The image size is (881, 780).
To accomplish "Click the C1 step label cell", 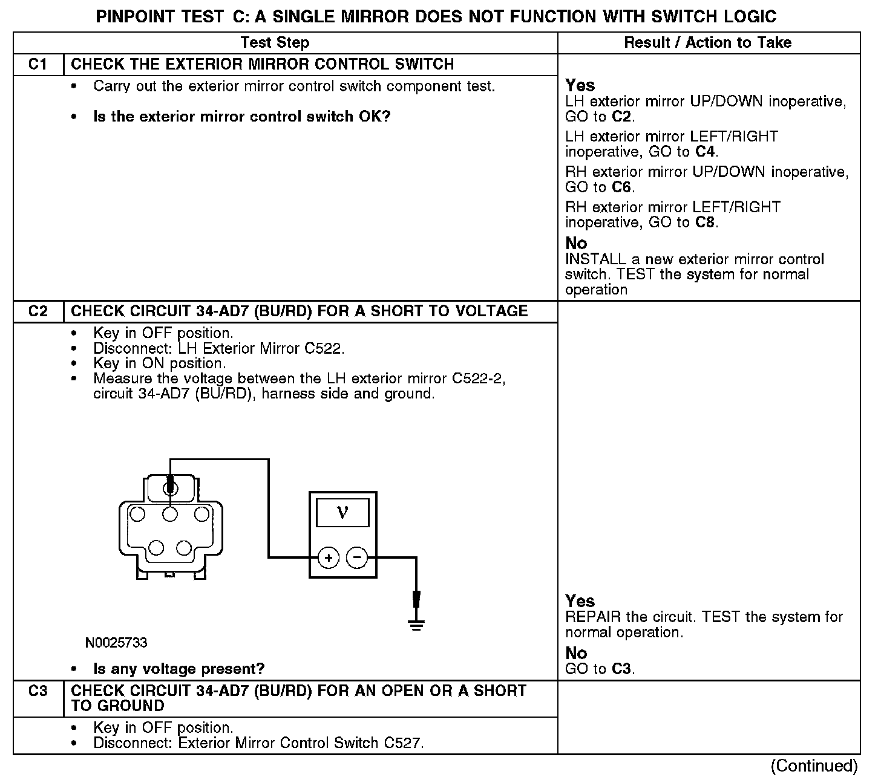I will (x=38, y=65).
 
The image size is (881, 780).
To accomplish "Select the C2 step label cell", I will (x=38, y=311).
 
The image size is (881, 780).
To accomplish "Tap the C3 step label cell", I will (x=38, y=691).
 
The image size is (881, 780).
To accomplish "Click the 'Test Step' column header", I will (x=275, y=43).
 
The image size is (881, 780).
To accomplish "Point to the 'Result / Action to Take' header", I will (x=707, y=43).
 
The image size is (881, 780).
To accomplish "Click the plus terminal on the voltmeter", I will (x=328, y=557).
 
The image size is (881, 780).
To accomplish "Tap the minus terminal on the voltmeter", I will (x=357, y=557).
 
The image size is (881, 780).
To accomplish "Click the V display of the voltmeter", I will (x=342, y=513).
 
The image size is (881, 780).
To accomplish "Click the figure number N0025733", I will (x=116, y=643).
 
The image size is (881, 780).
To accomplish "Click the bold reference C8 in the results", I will (x=706, y=223).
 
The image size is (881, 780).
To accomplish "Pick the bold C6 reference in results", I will (x=622, y=187).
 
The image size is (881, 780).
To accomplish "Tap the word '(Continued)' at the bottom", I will (x=814, y=766).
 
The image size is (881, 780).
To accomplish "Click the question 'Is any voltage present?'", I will (x=179, y=669).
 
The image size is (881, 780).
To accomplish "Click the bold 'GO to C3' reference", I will (x=621, y=669).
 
